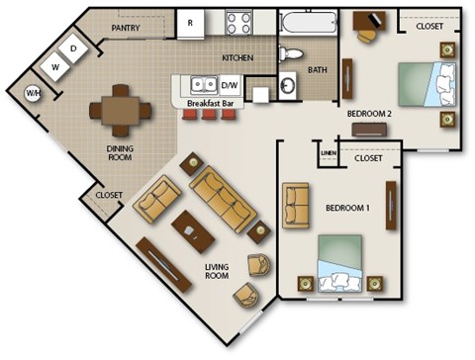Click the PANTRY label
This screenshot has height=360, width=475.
click(125, 29)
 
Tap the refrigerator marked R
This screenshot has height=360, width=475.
click(190, 21)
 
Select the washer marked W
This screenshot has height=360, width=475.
click(56, 67)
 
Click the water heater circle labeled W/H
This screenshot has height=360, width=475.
click(34, 93)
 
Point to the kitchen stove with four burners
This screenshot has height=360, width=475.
click(237, 21)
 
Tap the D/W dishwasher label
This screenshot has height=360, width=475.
click(230, 84)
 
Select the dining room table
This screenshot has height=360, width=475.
click(118, 108)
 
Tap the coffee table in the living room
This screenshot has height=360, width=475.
click(192, 231)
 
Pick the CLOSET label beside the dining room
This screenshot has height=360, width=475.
click(108, 195)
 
